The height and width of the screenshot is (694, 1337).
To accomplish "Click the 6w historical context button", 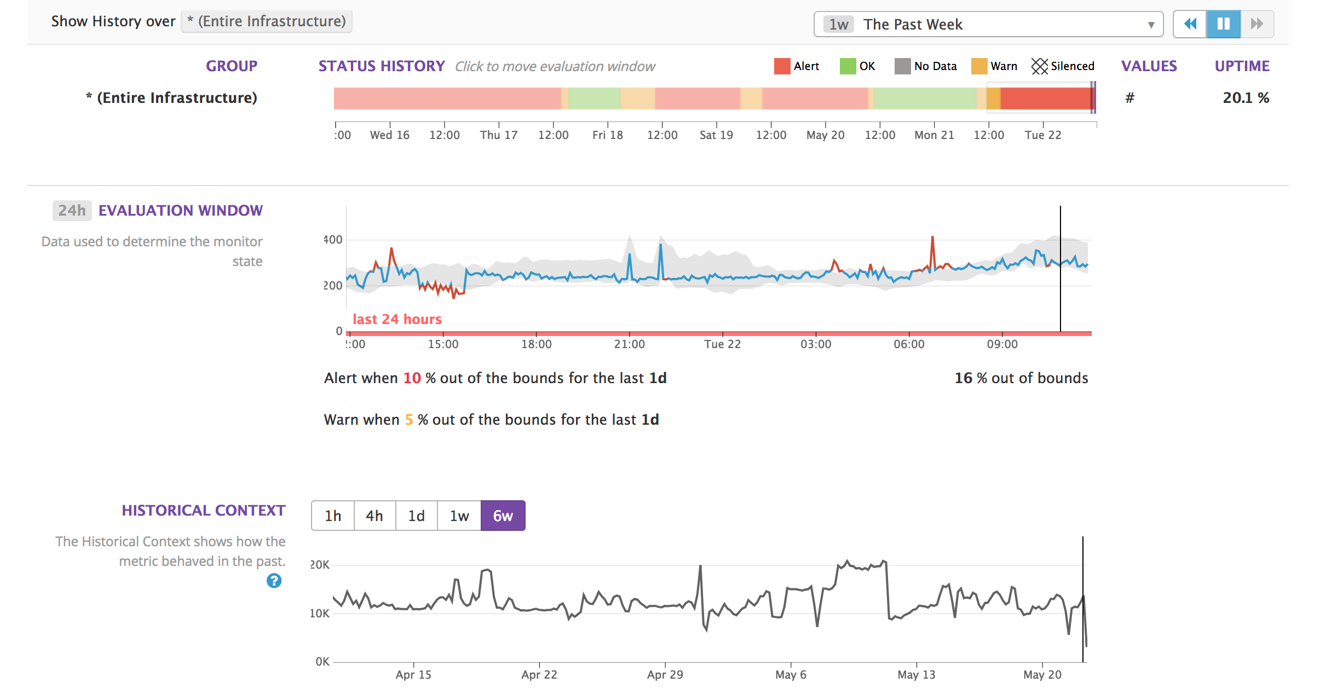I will click(503, 516).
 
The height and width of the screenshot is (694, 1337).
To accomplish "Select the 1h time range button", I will click(333, 516).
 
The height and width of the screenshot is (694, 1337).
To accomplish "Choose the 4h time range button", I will click(374, 516).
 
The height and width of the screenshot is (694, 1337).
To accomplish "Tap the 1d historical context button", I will click(417, 516).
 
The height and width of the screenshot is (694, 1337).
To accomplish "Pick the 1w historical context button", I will click(459, 516).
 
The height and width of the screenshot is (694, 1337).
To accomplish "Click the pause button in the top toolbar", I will click(1223, 24).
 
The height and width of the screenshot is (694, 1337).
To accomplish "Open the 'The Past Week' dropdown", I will click(988, 24).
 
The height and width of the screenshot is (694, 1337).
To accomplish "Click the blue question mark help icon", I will click(274, 581).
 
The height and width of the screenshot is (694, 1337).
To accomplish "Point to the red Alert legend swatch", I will click(782, 66).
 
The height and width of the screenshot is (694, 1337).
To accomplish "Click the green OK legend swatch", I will click(848, 66).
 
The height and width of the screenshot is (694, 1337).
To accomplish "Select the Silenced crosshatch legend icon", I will click(1039, 66).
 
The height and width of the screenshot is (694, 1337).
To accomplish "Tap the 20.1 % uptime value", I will click(1246, 98).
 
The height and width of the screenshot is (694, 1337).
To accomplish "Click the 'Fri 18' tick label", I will click(607, 135).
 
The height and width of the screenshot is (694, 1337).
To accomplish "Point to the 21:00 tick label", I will click(629, 344).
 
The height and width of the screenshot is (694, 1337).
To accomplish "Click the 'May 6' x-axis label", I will click(791, 675).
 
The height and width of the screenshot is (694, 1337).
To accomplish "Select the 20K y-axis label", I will click(320, 565).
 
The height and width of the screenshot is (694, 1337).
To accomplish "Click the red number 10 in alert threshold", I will click(412, 378).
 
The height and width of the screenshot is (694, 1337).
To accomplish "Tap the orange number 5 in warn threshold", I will click(408, 420).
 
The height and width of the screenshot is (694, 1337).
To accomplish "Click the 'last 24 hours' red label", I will click(397, 319).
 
